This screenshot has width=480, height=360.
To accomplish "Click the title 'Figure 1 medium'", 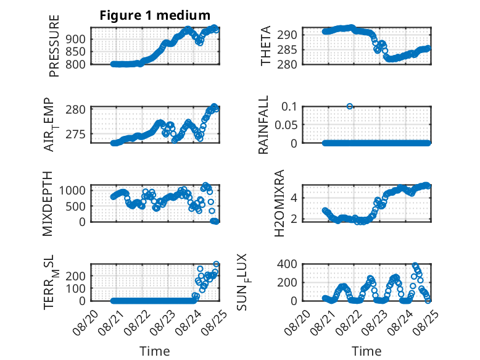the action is point(155,15).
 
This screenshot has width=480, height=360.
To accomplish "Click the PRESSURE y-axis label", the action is point(54,46).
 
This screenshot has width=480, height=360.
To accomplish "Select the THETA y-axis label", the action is point(266,46).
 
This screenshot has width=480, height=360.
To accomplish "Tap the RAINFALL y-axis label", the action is point(263,125).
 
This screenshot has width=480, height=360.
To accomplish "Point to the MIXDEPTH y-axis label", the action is point(48,204).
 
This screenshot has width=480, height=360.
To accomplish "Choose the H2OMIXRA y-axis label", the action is point(279,203).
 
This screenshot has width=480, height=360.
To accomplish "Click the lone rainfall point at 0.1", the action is point(350,106).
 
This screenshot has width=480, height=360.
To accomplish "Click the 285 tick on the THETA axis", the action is point(287,49).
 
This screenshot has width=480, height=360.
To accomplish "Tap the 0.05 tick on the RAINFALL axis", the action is point(286,125).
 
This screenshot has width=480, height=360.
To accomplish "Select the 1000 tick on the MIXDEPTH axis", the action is point(72,190).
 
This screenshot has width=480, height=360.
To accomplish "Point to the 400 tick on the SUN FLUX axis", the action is point(287,264).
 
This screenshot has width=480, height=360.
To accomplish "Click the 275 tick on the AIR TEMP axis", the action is point(76,134).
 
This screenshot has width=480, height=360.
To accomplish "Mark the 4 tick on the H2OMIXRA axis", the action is point(294,198).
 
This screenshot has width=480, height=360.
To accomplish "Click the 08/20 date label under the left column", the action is point(85,322).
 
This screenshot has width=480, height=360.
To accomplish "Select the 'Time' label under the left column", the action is point(155,351).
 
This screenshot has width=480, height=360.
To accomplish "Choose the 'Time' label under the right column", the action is point(366,351).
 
